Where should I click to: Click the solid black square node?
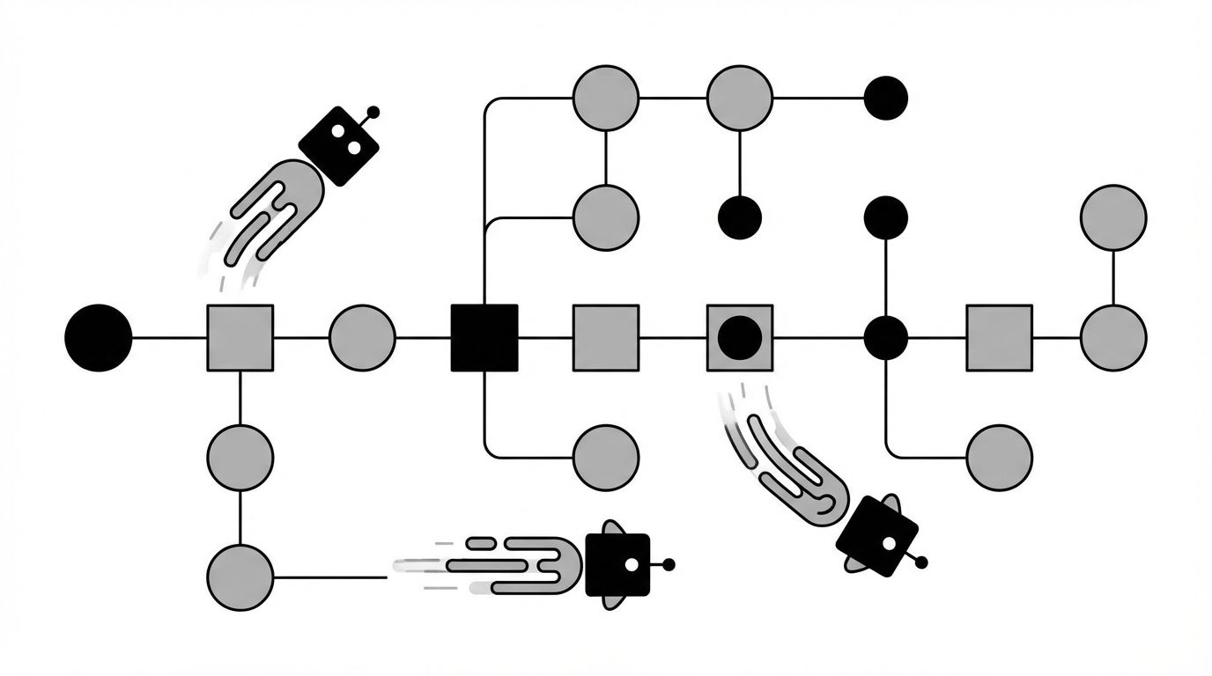(484, 337)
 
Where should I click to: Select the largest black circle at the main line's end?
(99, 337)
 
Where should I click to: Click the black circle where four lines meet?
(885, 337)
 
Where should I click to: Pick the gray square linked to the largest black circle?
(240, 337)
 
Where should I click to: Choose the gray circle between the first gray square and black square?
(362, 337)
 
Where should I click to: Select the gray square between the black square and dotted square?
(606, 337)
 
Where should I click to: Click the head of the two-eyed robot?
(339, 145)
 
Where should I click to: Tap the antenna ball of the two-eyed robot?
(373, 113)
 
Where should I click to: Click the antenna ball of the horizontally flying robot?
(669, 564)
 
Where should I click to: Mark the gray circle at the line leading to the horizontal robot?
(240, 577)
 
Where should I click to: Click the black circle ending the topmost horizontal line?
(885, 98)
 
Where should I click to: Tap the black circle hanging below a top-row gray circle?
(740, 217)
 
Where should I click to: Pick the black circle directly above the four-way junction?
(885, 217)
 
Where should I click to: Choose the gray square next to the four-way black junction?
(999, 337)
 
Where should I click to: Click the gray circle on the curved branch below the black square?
(606, 457)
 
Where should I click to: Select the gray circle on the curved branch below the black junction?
(999, 457)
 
